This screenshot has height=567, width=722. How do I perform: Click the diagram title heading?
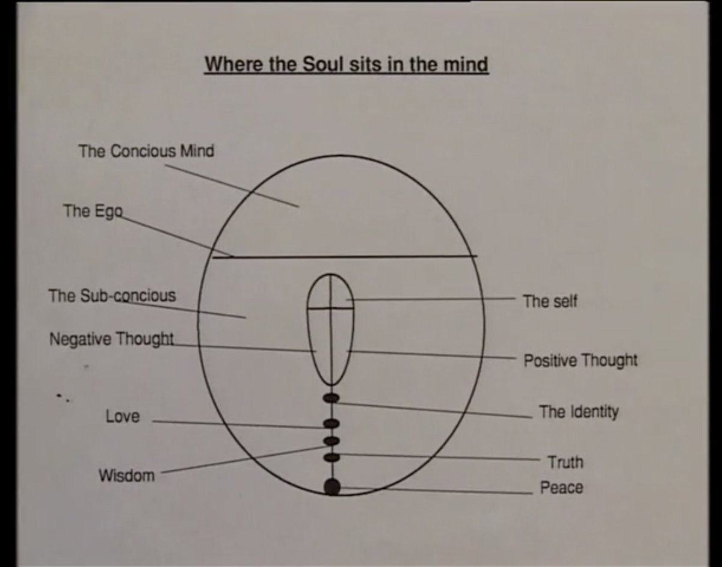point(346,64)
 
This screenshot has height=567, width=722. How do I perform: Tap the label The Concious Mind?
point(146,151)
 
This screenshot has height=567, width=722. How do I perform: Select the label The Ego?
point(93,211)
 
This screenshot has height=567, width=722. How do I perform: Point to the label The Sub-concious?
point(112,296)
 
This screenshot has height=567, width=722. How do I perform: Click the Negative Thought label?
point(111,339)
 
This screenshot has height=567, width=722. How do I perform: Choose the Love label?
point(122,416)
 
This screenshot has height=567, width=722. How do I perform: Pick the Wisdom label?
point(126,476)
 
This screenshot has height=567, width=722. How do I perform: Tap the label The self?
point(549,301)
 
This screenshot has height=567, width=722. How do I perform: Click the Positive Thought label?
point(580,361)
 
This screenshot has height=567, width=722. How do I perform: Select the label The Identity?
point(578,412)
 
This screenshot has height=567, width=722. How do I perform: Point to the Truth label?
point(565,462)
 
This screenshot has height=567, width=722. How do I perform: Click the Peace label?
point(561,488)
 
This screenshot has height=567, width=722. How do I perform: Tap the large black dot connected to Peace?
point(332,486)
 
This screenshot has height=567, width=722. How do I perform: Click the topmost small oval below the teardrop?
point(332,397)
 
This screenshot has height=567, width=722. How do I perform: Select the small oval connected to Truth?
point(332,458)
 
